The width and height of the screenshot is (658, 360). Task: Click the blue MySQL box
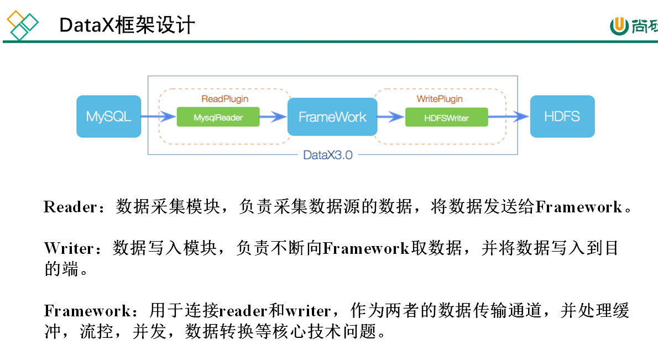[x=108, y=117]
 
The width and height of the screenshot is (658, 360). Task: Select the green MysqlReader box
[x=218, y=117]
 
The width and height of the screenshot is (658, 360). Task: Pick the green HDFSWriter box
[x=446, y=117]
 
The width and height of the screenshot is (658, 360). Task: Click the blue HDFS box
[x=562, y=117]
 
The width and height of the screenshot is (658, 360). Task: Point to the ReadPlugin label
[x=224, y=99]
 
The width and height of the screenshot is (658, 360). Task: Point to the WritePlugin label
[x=439, y=99]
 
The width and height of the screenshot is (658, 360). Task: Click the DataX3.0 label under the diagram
[x=328, y=155]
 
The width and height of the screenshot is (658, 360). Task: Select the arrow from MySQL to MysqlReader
[x=158, y=117]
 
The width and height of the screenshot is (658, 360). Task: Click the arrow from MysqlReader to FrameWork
[x=273, y=117]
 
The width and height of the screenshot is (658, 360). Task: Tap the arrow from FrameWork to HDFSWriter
[x=391, y=117]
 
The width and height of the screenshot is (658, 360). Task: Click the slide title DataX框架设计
[x=127, y=25]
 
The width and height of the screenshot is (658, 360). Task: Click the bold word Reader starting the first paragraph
[x=70, y=207]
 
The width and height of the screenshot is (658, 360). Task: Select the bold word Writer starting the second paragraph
[x=69, y=249]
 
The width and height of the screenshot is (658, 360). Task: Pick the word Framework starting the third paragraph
[x=87, y=311]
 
